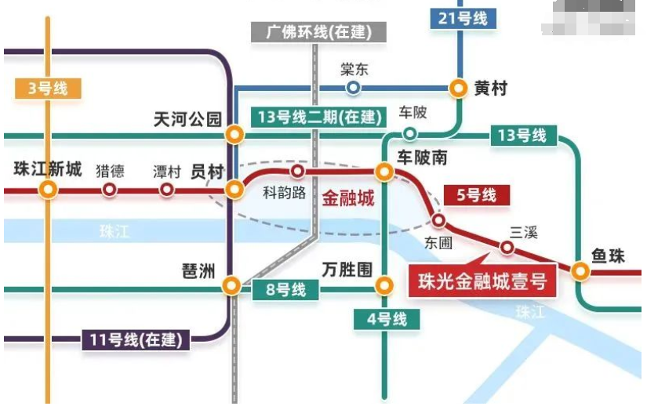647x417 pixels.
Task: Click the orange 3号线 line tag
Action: pos(48,89)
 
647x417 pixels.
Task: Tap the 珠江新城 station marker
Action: pos(49,190)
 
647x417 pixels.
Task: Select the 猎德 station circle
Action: pos(109,190)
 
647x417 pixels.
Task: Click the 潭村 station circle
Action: pos(166,190)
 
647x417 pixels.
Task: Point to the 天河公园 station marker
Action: pos(234,135)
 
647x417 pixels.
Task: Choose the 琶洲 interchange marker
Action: pos(231,286)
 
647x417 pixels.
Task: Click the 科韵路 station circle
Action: pos(297,171)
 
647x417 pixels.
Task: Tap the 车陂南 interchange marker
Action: pos(384,171)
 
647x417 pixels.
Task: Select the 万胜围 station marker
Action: pos(384,285)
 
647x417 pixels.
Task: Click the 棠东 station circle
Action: pos(354,88)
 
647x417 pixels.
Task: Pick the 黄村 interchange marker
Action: pos(458,88)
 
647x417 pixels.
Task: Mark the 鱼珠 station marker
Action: pos(580,271)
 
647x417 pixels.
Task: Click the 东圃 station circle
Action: pos(439,220)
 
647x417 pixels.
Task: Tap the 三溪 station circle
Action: pos(508,248)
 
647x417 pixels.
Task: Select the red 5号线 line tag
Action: pos(477,194)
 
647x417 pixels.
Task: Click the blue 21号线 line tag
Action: pos(463,17)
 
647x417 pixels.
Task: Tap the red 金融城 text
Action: pos(348,198)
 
